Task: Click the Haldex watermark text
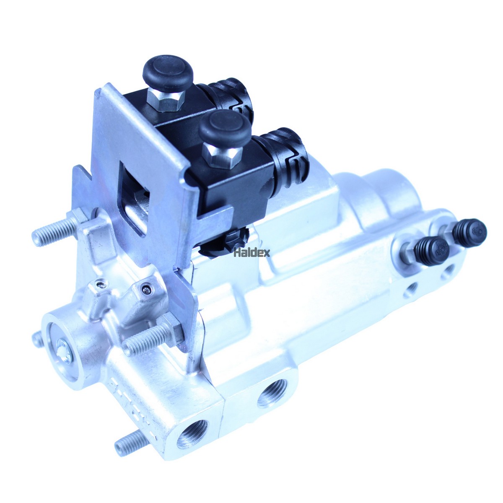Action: [251, 252]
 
